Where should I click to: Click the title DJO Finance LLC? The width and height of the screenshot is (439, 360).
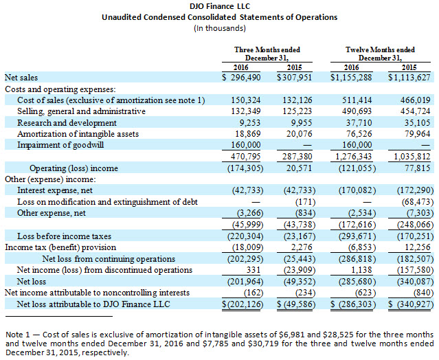219,6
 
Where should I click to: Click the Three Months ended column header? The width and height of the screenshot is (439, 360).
267,49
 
